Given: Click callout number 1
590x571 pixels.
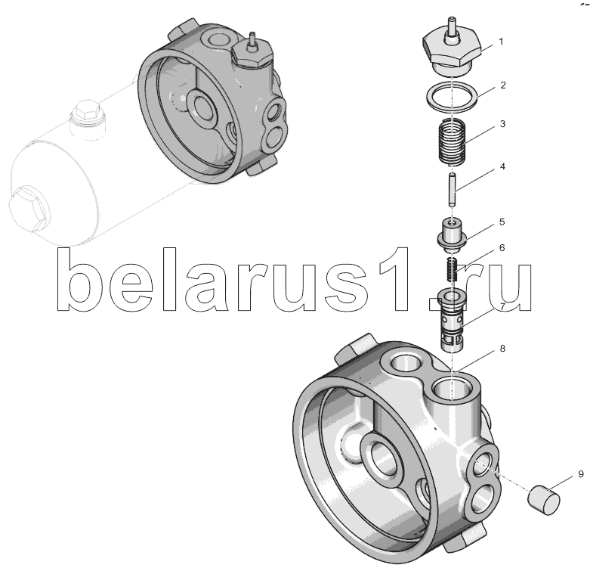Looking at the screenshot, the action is (501, 41).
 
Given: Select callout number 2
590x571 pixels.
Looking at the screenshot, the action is (503, 85).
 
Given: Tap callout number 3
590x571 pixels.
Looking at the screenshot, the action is (502, 123).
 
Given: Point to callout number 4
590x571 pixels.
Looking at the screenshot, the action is (502, 166).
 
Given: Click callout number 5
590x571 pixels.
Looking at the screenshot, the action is (502, 222).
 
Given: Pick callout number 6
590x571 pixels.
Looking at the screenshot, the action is (502, 248).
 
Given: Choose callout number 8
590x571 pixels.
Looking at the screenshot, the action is (502, 349).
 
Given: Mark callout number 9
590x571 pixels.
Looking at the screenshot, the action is (581, 474).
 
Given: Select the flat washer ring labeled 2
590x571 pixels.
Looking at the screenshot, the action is (452, 96).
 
